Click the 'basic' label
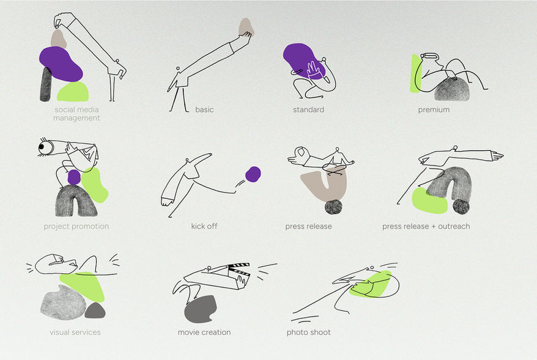(x=204, y=109)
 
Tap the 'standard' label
(x=308, y=109)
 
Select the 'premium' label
(x=434, y=110)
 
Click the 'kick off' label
(x=204, y=226)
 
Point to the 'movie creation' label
(x=204, y=332)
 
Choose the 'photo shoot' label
(x=309, y=332)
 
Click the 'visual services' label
(x=75, y=332)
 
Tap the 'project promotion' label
(x=76, y=226)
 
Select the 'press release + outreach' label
(x=426, y=226)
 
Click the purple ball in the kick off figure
(x=253, y=174)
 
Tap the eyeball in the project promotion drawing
(x=44, y=147)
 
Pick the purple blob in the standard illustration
(x=303, y=61)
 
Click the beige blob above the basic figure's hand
(x=246, y=27)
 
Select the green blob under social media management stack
(x=73, y=91)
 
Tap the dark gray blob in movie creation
(x=201, y=309)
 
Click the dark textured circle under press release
(x=333, y=207)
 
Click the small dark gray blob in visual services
(x=95, y=310)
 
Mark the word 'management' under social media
(x=76, y=118)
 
